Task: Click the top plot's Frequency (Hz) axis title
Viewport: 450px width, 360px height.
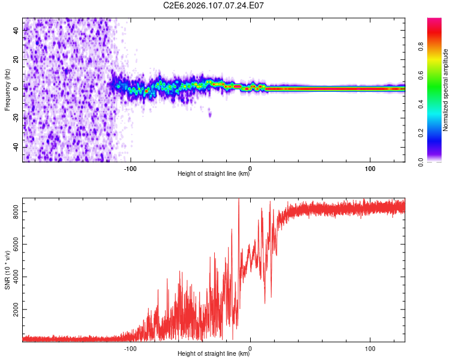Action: tap(8, 90)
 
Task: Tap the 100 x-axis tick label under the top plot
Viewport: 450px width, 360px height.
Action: tap(370, 169)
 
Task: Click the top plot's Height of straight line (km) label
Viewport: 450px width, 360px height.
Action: tap(214, 175)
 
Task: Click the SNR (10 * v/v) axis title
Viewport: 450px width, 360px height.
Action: tap(8, 270)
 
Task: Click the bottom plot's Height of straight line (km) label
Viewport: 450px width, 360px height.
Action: tap(214, 354)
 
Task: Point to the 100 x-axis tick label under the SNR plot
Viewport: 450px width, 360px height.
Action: tap(370, 348)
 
